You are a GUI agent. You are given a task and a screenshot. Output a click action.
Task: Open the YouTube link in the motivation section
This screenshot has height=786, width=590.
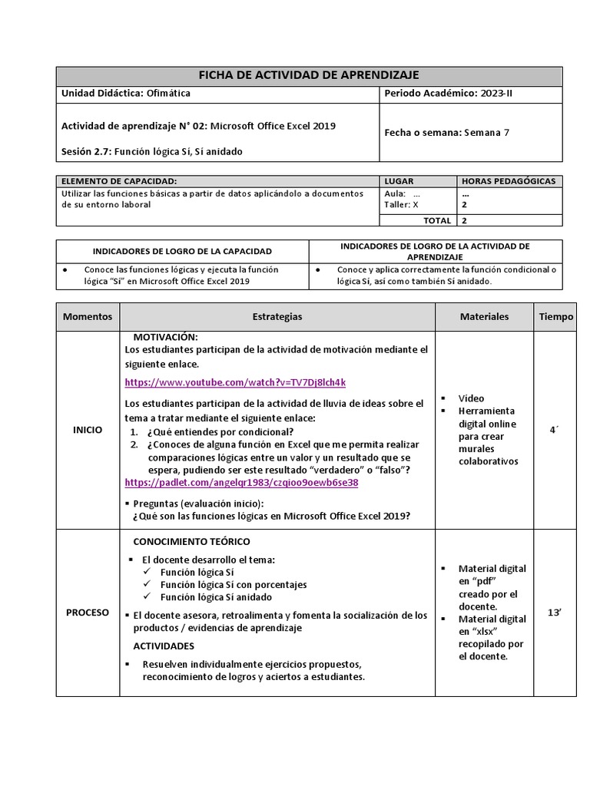point(235,381)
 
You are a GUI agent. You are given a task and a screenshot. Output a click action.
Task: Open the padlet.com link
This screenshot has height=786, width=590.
point(241,483)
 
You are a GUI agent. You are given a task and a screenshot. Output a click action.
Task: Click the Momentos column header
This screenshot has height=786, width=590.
point(88,316)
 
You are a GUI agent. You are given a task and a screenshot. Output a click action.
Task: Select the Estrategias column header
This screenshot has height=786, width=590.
point(277,316)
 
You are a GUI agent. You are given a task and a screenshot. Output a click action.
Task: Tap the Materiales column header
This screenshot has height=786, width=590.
point(484,316)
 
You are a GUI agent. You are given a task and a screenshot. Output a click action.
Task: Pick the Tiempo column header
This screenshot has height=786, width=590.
point(555,316)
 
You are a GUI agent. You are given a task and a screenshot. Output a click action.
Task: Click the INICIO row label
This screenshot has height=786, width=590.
point(88,430)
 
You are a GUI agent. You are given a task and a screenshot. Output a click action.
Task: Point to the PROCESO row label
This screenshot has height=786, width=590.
point(88,613)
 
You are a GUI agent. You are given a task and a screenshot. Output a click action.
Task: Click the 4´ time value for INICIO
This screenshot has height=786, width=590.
point(554,430)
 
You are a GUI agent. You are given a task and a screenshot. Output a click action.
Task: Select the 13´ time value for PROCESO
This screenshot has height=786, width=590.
point(554,613)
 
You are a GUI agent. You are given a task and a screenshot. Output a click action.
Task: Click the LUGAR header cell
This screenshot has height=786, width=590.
point(399,181)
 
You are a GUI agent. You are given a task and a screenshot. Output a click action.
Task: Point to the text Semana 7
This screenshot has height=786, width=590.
point(486,132)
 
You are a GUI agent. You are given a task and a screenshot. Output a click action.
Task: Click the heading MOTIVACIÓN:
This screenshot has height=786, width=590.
point(166,337)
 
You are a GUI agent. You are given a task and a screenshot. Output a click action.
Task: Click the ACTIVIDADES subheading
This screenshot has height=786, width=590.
point(164,646)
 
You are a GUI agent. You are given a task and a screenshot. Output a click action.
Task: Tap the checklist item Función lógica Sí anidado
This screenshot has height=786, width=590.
point(216,596)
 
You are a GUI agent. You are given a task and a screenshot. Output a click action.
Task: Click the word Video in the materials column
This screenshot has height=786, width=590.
point(471,398)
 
